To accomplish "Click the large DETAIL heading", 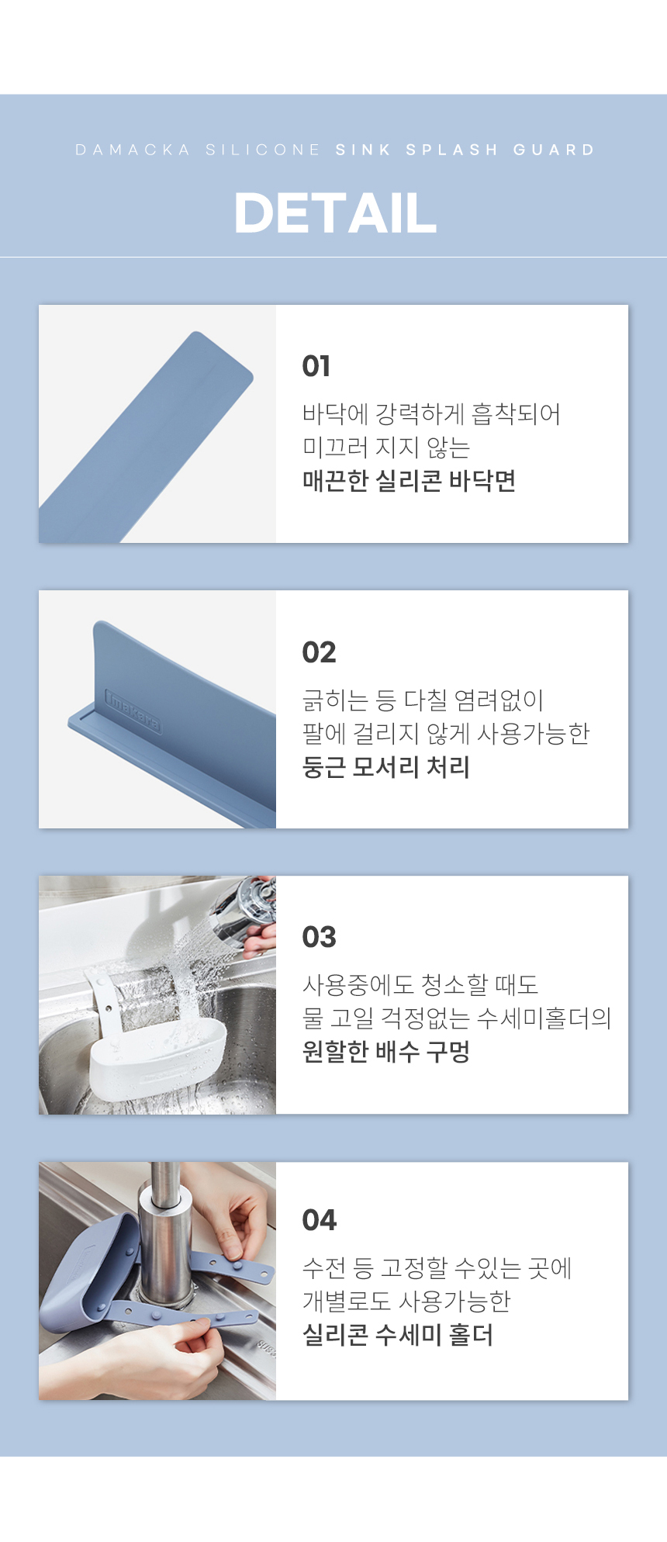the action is [335, 213].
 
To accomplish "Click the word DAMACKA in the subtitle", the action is [133, 150].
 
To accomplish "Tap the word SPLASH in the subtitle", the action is [451, 150].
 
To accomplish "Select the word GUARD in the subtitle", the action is [554, 150].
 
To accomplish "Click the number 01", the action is [316, 366].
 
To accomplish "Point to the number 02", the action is [319, 652].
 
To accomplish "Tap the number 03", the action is [319, 937].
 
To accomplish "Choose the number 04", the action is [319, 1220].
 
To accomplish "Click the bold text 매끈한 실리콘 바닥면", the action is [409, 481].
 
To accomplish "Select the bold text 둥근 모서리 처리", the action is [386, 767].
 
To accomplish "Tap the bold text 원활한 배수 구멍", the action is [386, 1052].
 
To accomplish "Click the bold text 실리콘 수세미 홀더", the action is [398, 1335].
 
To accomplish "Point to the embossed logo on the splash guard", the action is [133, 710].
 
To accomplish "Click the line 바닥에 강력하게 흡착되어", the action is [431, 413].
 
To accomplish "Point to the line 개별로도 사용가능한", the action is [406, 1301].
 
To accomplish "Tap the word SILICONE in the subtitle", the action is [263, 150].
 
